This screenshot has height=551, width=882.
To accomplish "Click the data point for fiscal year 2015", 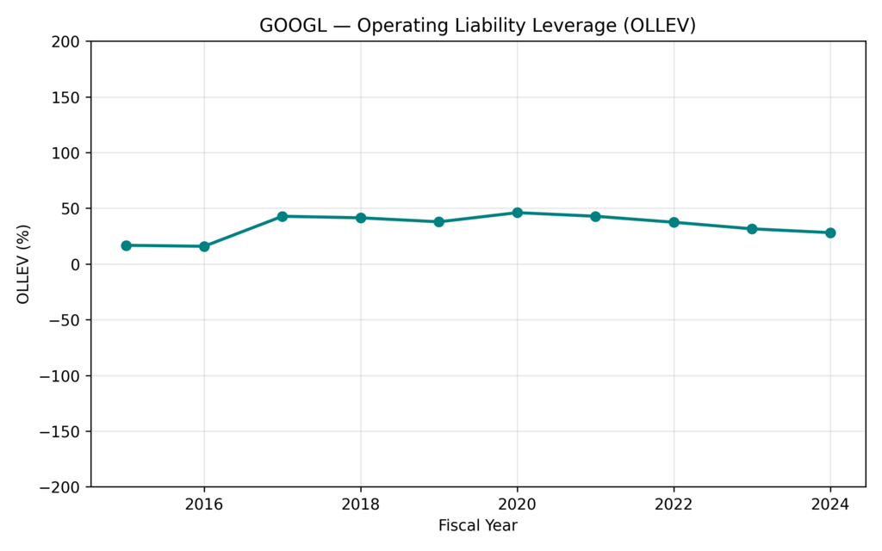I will coord(126,245).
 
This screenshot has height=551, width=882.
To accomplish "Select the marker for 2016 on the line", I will coord(204,246).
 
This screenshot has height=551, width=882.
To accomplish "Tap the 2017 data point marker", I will coord(283,216).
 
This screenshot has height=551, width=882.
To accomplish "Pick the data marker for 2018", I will coord(361,218).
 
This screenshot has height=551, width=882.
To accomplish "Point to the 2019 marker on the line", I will coord(438,221).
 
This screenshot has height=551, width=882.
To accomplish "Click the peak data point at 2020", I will coord(517,213).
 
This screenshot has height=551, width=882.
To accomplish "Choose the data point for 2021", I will coord(595,216).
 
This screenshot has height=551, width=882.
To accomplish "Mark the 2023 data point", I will coord(752,229).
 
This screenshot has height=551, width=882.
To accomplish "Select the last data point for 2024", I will coord(830,232).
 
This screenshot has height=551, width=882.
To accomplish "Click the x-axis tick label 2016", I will coord(204,505).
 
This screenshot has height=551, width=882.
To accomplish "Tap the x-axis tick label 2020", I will coord(517,505).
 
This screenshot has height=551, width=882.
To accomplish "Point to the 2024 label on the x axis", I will coord(830,505).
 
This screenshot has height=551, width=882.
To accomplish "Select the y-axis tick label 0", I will coord(75,264).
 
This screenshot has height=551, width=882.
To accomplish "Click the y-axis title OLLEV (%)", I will coord(23,264).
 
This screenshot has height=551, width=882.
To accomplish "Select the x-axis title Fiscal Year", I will coord(478,525).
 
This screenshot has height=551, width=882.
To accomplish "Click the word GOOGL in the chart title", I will coord(293,26).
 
